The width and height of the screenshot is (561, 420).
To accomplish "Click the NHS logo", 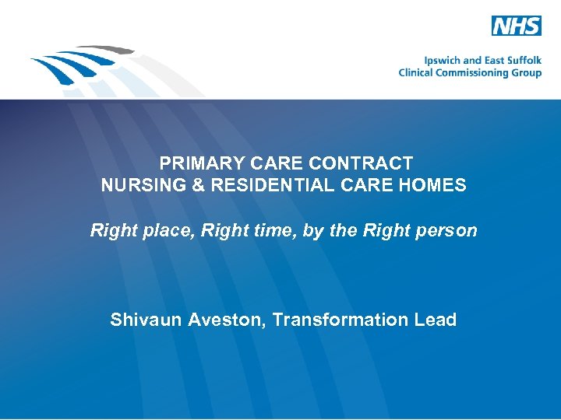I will pos(516,26).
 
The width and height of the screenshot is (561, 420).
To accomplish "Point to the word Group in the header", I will pos(526,72).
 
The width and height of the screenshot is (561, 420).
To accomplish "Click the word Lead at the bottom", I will pos(436,320).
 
